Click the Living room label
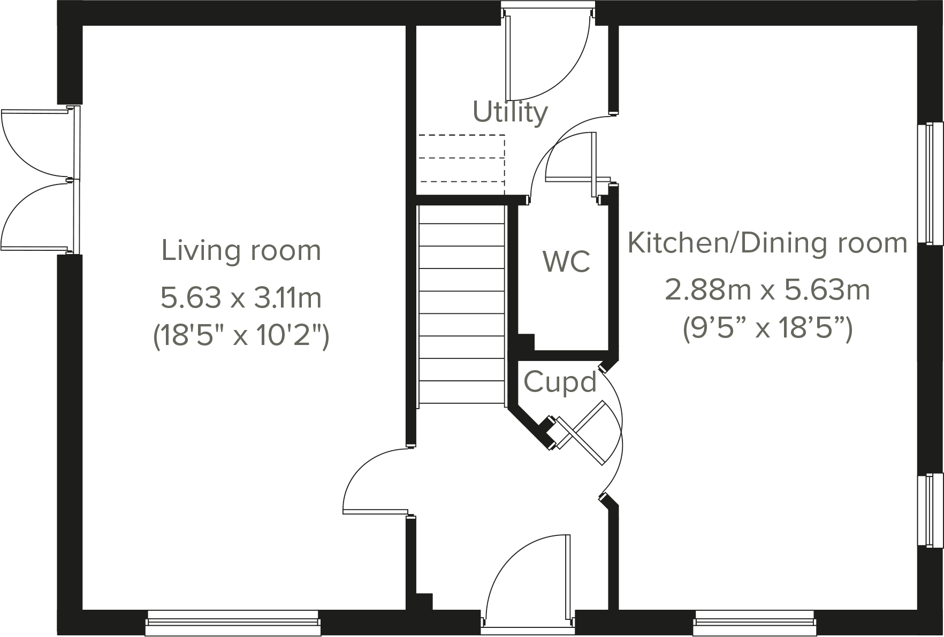click(x=241, y=251)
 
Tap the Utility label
click(x=510, y=112)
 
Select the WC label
click(x=566, y=261)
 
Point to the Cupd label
click(x=560, y=382)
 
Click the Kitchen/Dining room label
click(x=767, y=243)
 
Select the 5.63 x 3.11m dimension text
click(x=241, y=298)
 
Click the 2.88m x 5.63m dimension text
click(x=767, y=290)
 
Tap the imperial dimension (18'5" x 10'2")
click(x=241, y=336)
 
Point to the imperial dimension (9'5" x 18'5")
click(x=767, y=328)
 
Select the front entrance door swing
click(x=527, y=578)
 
